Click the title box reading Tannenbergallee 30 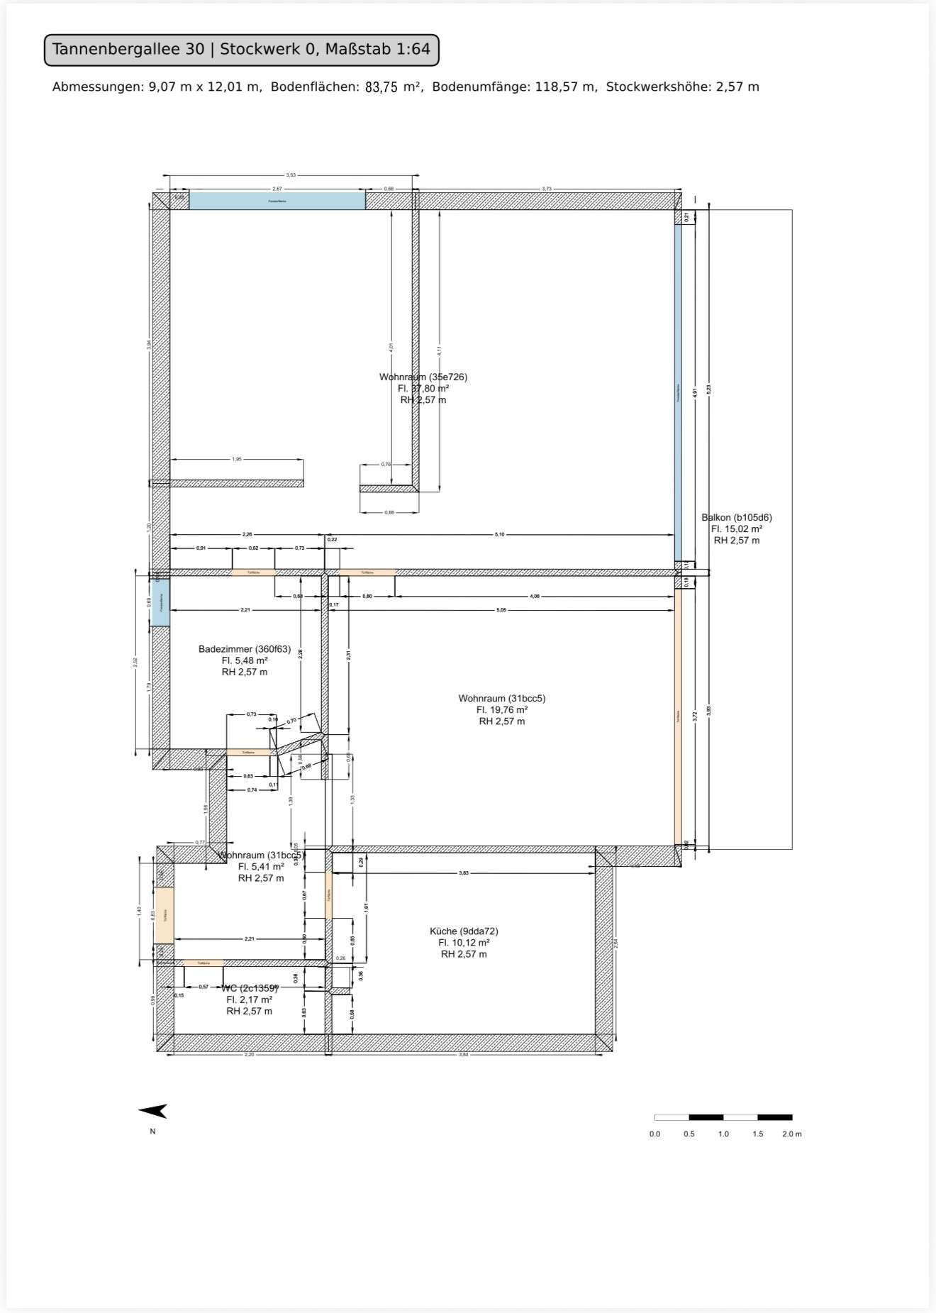[x=241, y=50]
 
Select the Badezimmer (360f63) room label [x=244, y=649]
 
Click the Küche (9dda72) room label [x=464, y=931]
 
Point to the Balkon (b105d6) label [x=736, y=518]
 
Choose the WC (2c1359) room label [x=250, y=988]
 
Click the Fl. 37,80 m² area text [x=423, y=389]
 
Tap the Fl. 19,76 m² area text [x=501, y=710]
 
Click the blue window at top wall [x=277, y=201]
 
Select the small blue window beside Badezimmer [x=161, y=603]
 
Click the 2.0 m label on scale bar [x=791, y=1134]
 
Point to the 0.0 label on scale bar [x=654, y=1134]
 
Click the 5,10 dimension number [x=499, y=534]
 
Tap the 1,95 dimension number [x=237, y=460]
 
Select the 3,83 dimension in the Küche [x=463, y=873]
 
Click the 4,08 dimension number [x=535, y=597]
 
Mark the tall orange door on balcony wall [x=678, y=716]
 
